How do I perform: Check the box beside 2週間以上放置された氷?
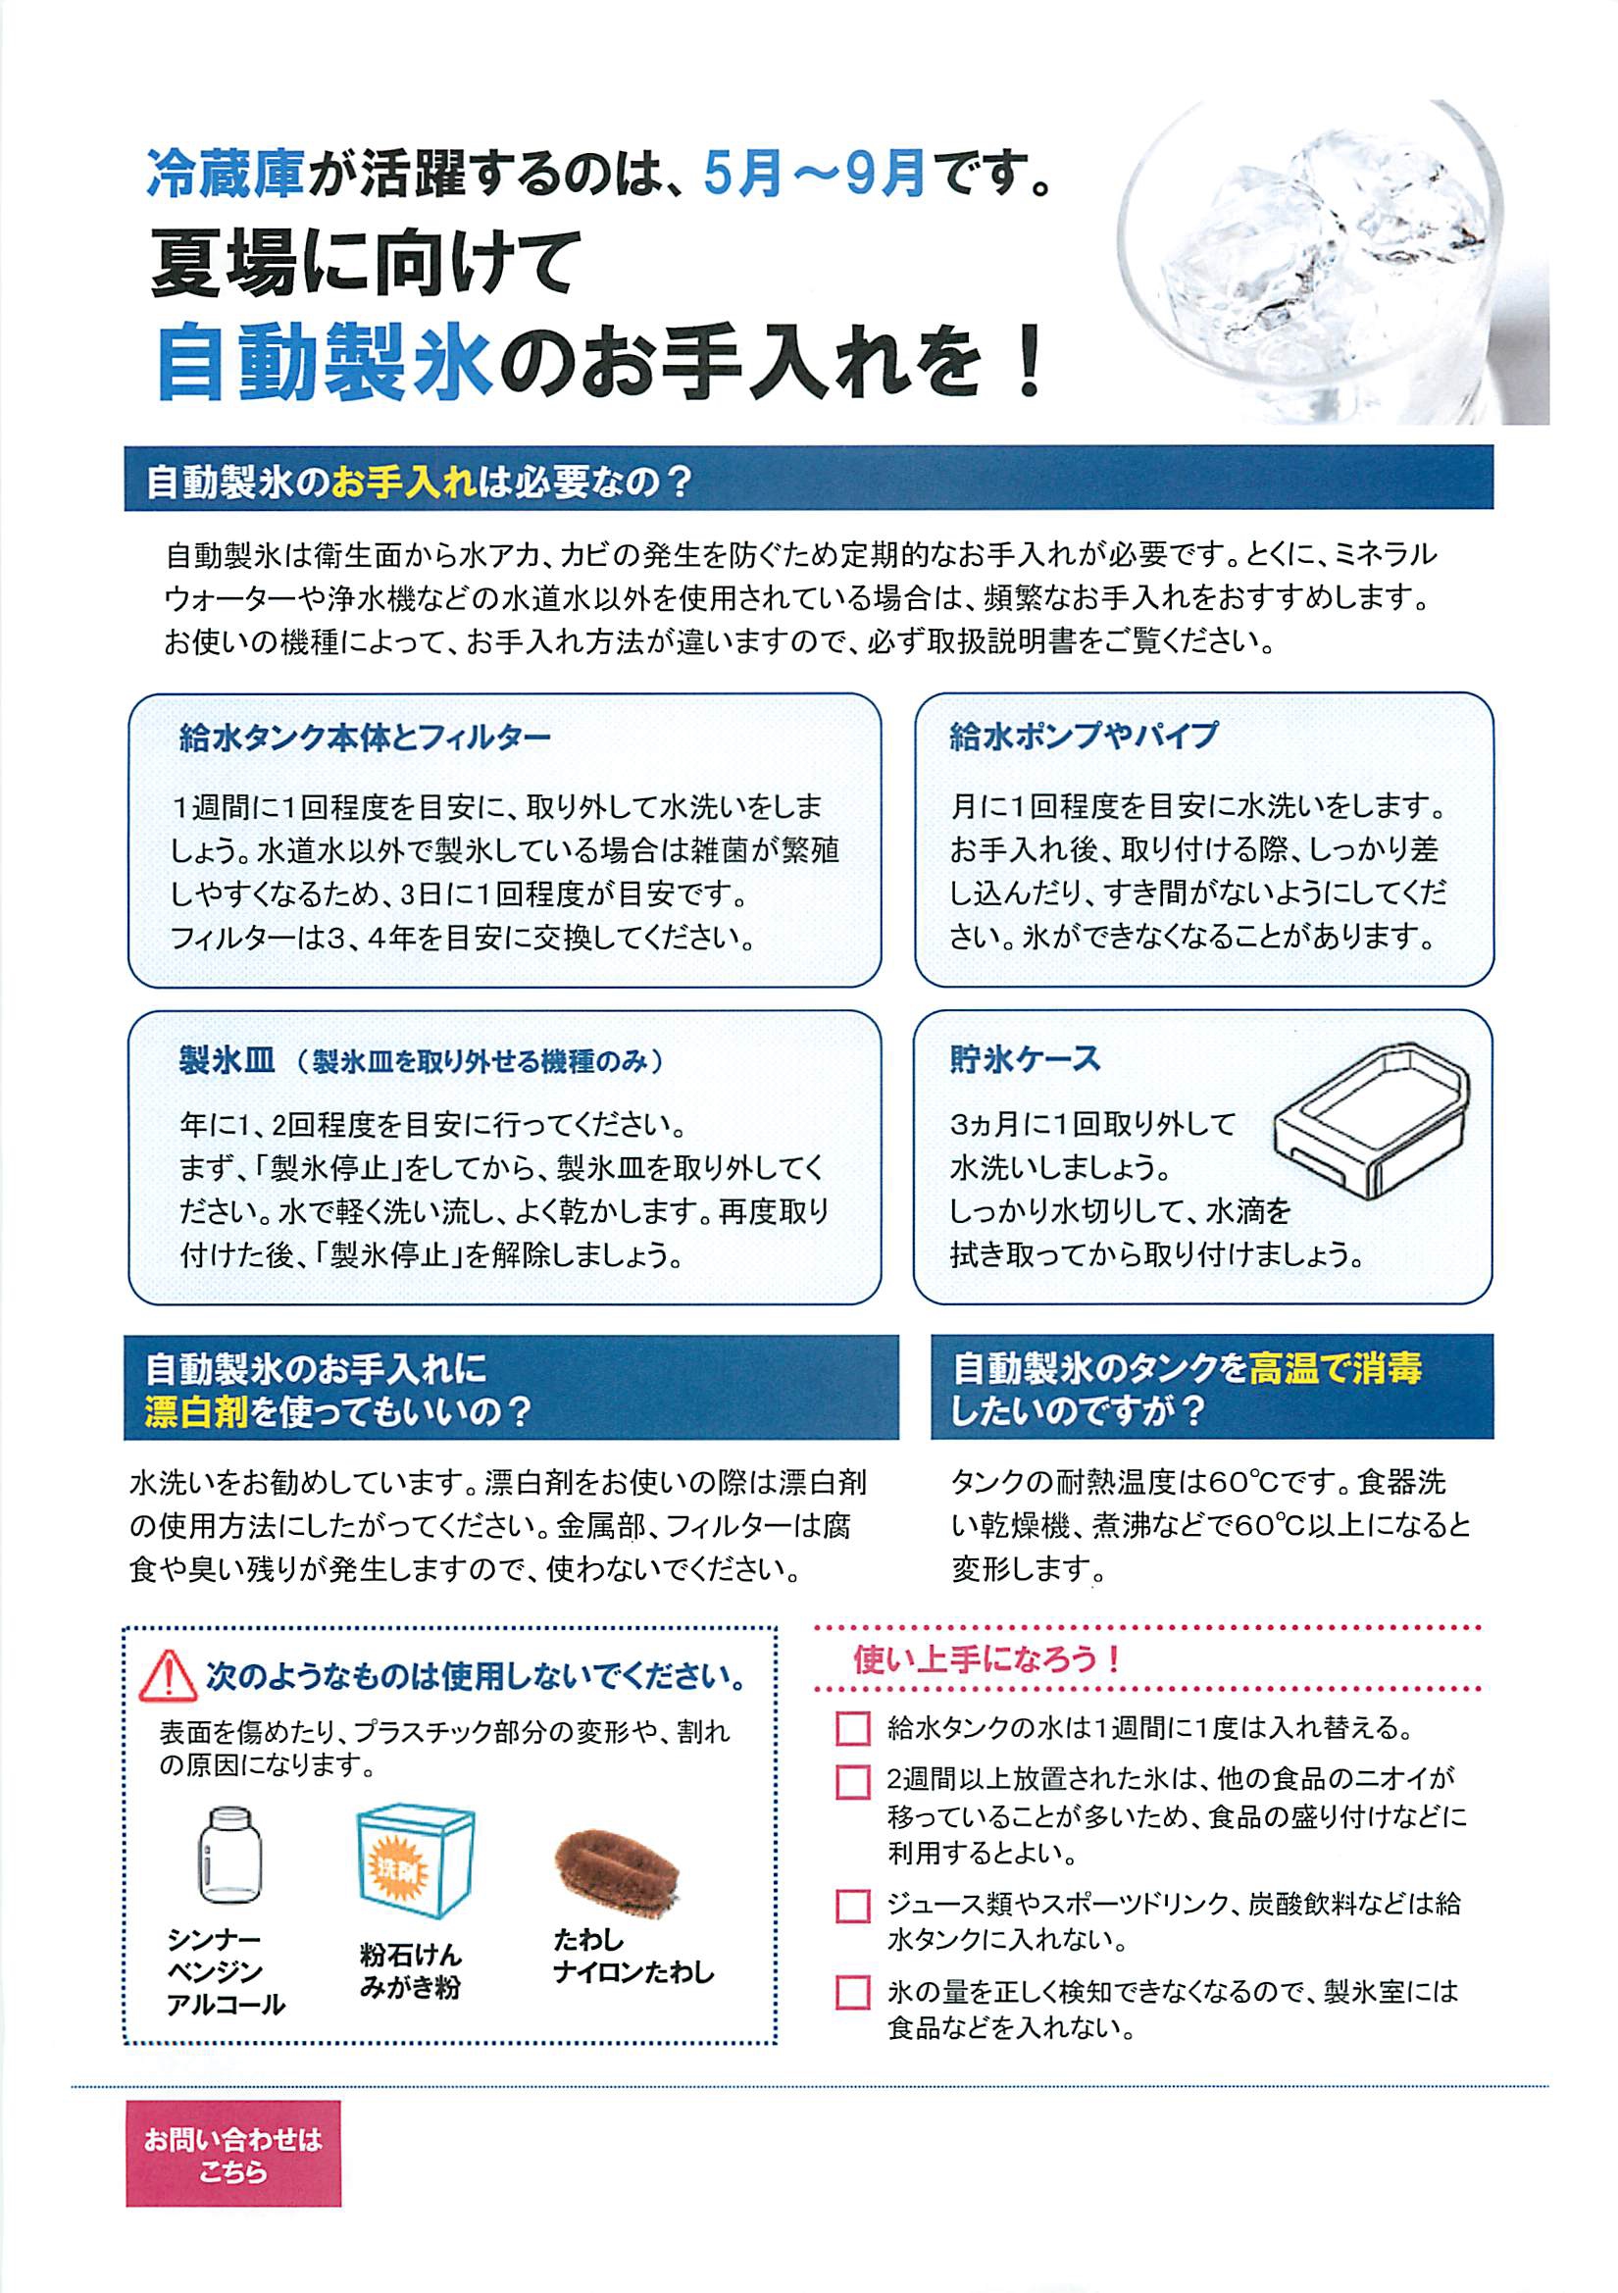tap(852, 1782)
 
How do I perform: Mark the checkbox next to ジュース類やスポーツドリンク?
tap(852, 1906)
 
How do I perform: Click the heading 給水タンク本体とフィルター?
tap(366, 739)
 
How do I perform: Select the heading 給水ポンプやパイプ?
tap(1084, 736)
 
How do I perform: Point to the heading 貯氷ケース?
tap(1025, 1058)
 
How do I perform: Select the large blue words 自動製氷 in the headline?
tap(325, 365)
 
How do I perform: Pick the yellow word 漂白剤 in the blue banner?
tap(197, 1412)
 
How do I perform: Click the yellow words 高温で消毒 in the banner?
tap(1335, 1368)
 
